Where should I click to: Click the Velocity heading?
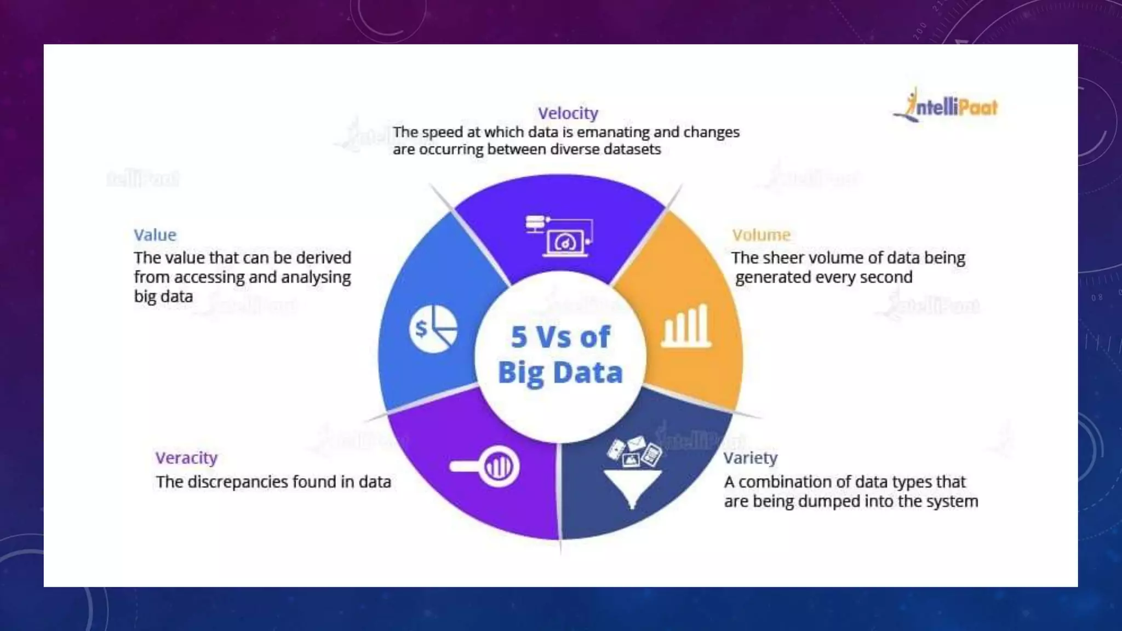click(x=568, y=113)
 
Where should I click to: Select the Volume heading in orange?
click(x=761, y=235)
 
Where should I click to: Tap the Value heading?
click(x=155, y=235)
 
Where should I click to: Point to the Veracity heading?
click(x=186, y=458)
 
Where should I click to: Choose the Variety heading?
click(x=750, y=458)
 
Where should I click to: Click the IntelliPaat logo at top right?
click(x=946, y=106)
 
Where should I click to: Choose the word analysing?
click(x=316, y=278)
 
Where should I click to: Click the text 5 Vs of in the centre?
click(x=560, y=337)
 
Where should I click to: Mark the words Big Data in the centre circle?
click(x=560, y=373)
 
